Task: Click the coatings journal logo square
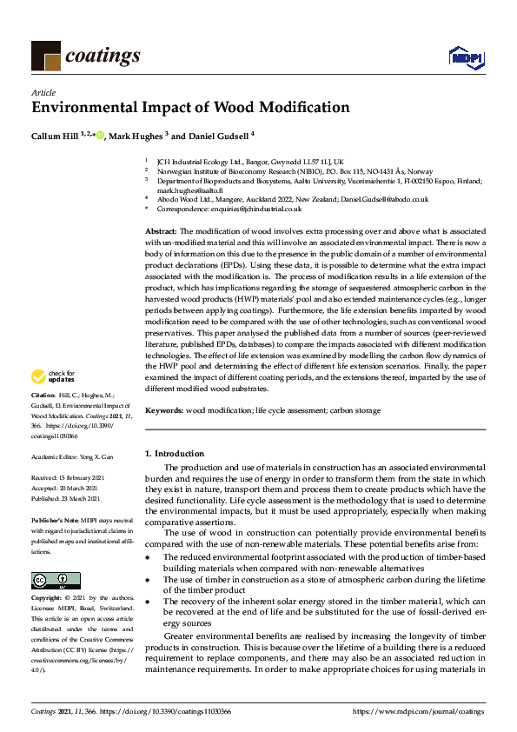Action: (45, 57)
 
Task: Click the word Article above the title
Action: (43, 91)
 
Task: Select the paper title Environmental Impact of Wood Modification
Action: (190, 109)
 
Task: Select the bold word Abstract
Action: (160, 230)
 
